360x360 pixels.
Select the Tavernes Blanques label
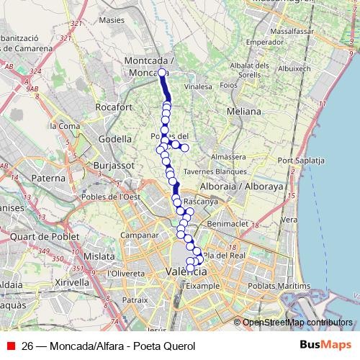(x=215, y=171)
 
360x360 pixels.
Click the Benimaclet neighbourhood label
(x=228, y=224)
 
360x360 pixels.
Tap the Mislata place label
(x=99, y=256)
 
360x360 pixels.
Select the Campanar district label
(x=139, y=235)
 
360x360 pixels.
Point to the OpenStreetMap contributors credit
(x=297, y=322)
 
